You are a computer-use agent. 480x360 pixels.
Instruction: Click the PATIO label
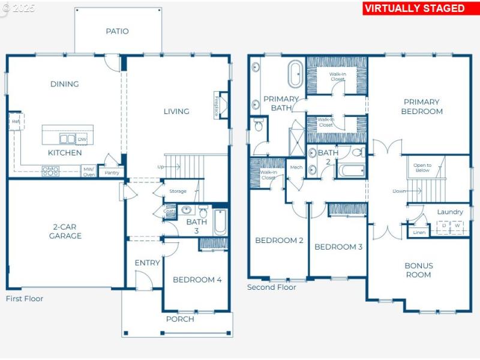tap(117, 31)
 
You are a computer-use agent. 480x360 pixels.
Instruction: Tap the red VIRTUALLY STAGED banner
tap(415, 8)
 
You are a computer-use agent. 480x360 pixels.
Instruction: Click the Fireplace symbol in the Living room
tap(221, 106)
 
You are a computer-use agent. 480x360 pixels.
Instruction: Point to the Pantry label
tap(112, 173)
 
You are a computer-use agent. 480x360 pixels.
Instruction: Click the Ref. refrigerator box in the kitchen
tap(15, 122)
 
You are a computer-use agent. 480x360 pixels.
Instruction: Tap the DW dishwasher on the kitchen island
tap(82, 139)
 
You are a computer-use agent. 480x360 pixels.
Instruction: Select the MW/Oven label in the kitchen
tap(88, 172)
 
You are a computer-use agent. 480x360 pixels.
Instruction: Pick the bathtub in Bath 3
tap(220, 221)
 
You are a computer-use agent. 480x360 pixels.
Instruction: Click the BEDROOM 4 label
tap(197, 280)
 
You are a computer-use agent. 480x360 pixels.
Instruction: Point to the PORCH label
tap(180, 319)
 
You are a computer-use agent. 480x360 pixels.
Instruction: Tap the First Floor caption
tap(25, 299)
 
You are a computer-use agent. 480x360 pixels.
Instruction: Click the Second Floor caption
tap(272, 287)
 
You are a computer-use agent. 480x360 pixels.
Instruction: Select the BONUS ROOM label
tap(418, 270)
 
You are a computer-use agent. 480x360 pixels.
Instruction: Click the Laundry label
tap(449, 212)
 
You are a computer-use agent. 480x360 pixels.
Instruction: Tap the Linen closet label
tap(419, 232)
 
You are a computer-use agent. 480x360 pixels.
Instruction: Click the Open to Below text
tap(422, 168)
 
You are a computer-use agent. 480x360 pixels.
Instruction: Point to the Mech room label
tap(296, 167)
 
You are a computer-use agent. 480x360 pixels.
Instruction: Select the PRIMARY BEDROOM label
tap(421, 106)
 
